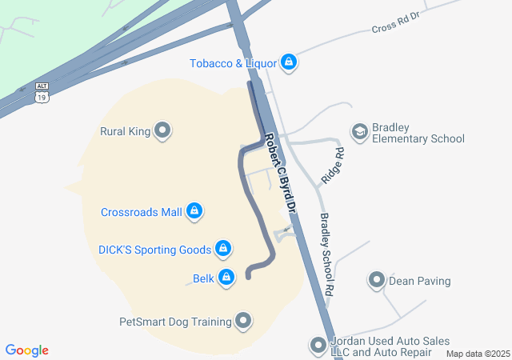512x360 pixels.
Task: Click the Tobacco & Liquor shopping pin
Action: (x=289, y=62)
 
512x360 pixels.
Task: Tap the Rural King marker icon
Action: (x=162, y=130)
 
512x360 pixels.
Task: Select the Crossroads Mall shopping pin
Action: (x=194, y=211)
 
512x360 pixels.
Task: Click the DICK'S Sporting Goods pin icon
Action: (x=223, y=249)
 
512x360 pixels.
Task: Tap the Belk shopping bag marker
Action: (x=227, y=278)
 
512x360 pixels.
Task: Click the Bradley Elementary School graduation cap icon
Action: (x=359, y=130)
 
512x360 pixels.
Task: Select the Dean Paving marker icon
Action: (x=376, y=280)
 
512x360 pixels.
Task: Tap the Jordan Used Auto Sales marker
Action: (x=318, y=346)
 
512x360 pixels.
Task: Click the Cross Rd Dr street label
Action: (x=395, y=22)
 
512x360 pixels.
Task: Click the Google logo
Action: (x=27, y=350)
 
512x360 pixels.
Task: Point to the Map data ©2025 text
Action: (x=478, y=354)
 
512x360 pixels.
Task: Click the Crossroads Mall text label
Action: (x=142, y=213)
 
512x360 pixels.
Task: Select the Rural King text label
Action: (x=125, y=131)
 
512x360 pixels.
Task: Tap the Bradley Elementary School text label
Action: (x=418, y=133)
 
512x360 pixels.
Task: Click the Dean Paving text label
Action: (x=419, y=281)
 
